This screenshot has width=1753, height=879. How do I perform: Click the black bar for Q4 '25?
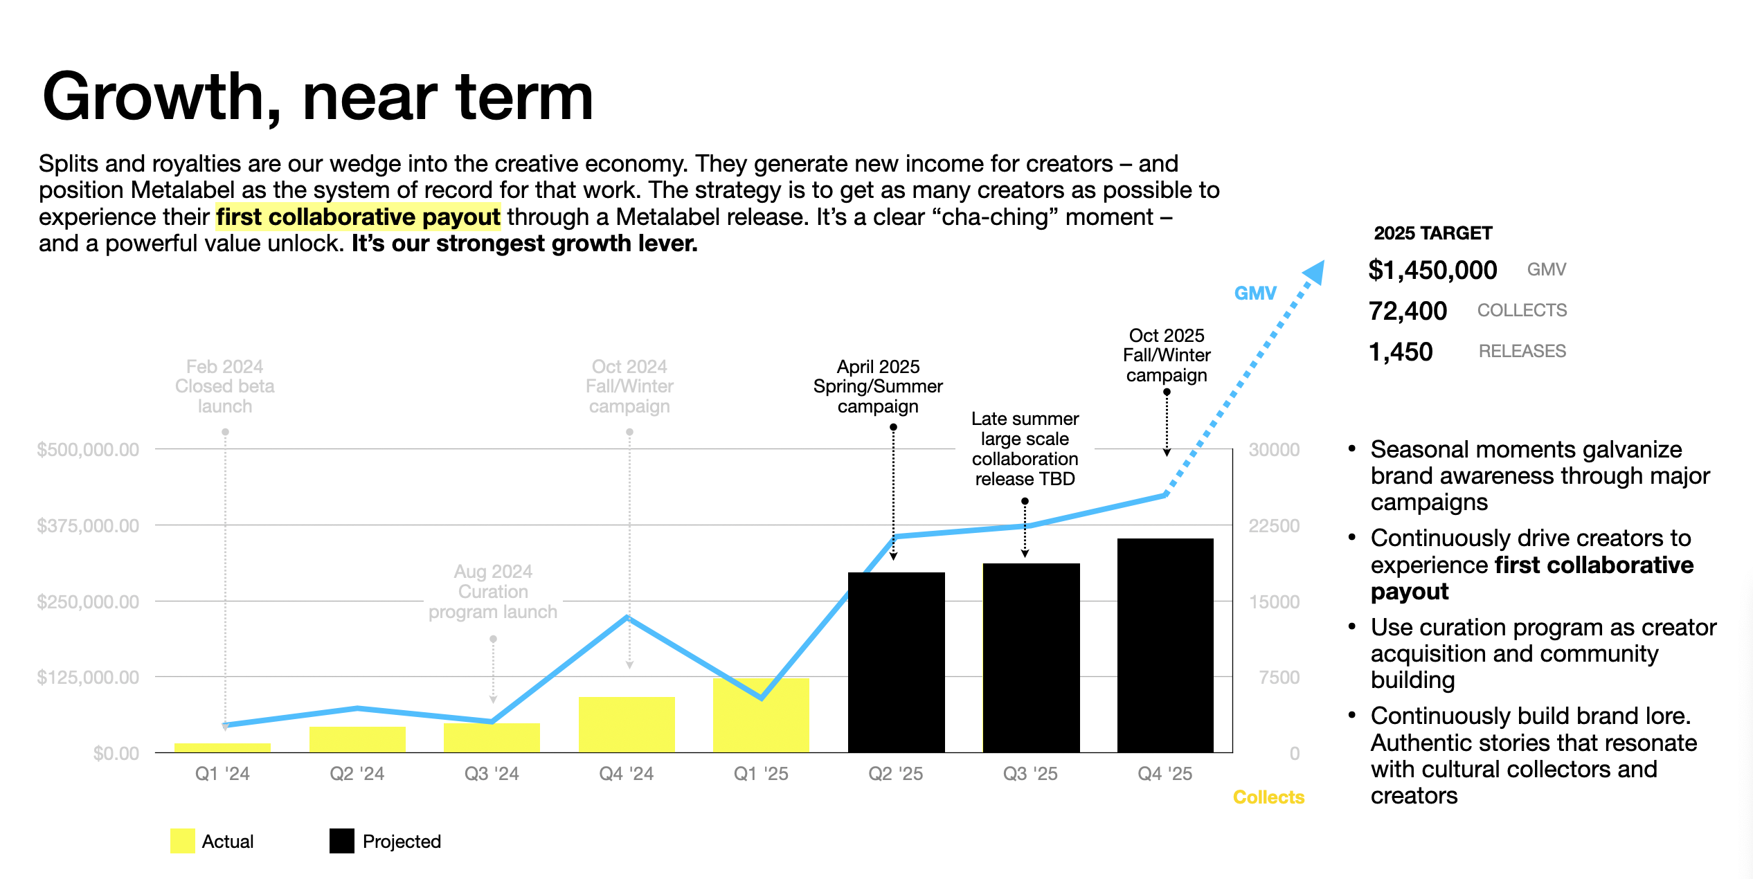click(x=1165, y=645)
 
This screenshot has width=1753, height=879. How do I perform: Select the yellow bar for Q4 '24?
click(x=627, y=725)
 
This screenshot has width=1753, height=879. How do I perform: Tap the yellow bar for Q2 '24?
click(x=357, y=739)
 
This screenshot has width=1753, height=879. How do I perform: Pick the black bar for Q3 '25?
click(x=1031, y=658)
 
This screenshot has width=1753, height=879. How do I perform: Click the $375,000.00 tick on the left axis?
click(x=88, y=526)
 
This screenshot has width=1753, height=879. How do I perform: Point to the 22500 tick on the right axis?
click(x=1274, y=526)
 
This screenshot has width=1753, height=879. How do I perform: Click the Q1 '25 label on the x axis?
click(x=761, y=774)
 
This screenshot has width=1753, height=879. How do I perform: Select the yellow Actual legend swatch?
click(x=182, y=841)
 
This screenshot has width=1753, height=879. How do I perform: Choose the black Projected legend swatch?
click(x=342, y=841)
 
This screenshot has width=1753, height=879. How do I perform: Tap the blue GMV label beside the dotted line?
click(x=1255, y=293)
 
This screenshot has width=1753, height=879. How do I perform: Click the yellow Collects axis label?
click(x=1268, y=797)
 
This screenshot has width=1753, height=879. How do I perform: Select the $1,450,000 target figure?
click(x=1432, y=270)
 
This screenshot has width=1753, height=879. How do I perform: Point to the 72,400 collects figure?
click(x=1408, y=311)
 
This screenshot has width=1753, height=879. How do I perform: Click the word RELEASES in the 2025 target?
click(x=1522, y=352)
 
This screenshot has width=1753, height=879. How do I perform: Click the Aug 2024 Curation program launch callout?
click(x=493, y=592)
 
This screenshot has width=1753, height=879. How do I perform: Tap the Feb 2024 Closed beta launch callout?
click(x=225, y=386)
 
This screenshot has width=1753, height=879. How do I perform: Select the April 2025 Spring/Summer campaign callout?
click(x=878, y=386)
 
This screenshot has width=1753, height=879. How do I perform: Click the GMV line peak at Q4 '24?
click(x=627, y=617)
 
